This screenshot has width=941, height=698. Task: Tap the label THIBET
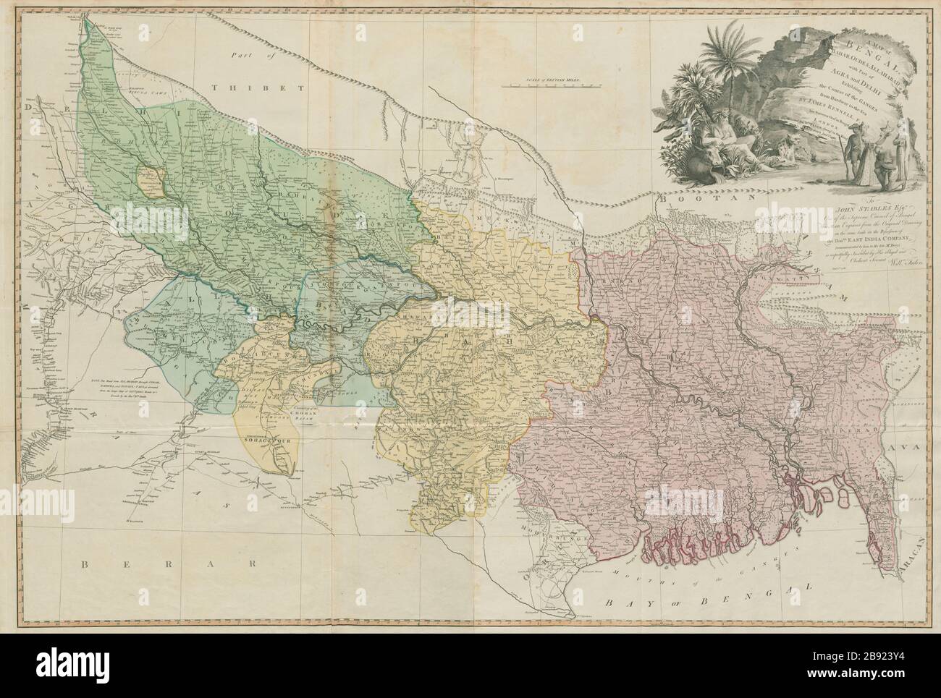click(x=246, y=87)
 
